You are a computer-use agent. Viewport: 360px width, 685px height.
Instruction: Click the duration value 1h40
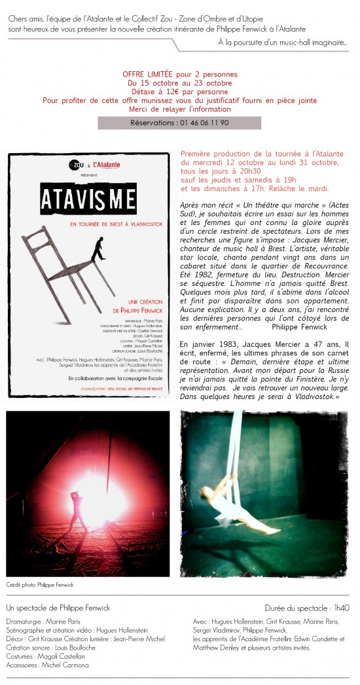coord(341,608)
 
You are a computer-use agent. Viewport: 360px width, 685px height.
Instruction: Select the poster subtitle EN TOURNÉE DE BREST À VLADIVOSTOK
coord(89,225)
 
